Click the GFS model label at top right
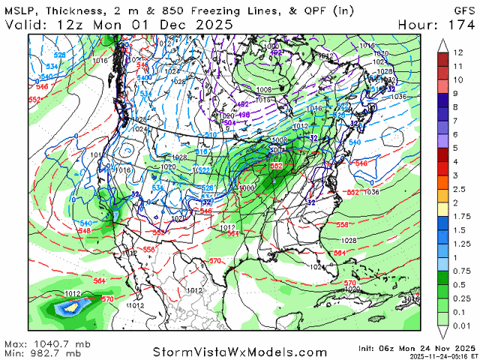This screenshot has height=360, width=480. coord(460,9)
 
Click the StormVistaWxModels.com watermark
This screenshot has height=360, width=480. coord(240,351)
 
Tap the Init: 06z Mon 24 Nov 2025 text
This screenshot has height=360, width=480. coord(424,347)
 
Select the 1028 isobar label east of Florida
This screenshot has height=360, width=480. coord(347,240)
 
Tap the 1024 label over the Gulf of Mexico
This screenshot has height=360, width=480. coord(318,266)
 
